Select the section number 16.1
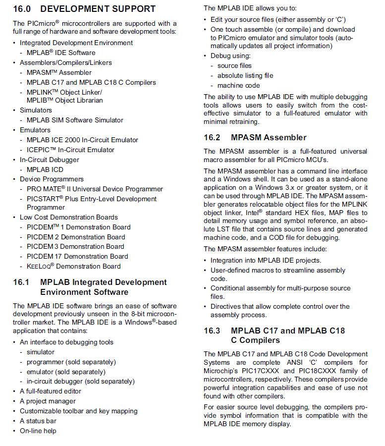point(21,282)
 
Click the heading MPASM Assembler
point(269,138)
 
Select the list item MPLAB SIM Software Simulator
point(75,120)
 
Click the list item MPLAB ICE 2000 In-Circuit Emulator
point(82,140)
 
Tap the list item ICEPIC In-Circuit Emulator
point(70,150)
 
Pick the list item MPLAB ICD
point(45,169)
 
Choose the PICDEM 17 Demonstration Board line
point(77,256)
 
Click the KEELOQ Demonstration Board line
point(73,266)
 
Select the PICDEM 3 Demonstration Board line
point(75,246)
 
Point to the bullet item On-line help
point(38,431)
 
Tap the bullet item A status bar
point(38,421)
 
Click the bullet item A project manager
point(48,401)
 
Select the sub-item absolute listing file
point(245,75)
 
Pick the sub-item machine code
point(238,85)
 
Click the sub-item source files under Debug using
point(234,65)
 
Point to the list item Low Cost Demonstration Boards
point(69,217)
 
